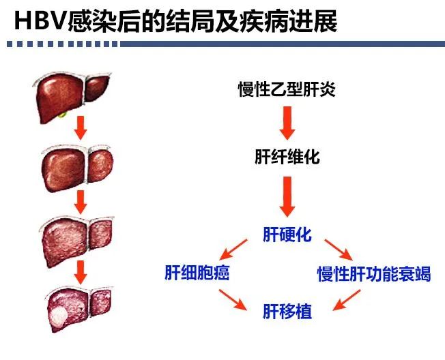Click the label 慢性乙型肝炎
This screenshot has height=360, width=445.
287,89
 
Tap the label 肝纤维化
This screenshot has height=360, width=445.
287,157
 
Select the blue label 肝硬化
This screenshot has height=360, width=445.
287,235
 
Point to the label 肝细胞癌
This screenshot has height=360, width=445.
197,273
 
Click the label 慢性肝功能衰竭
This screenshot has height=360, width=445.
374,274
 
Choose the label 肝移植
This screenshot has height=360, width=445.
287,311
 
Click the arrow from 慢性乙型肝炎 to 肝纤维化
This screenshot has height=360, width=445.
287,123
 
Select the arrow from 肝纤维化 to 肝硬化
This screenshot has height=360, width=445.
287,196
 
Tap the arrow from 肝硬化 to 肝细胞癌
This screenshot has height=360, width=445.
233,250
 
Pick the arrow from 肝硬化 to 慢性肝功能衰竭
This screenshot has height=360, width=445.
339,250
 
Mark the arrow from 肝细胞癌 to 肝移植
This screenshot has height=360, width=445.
233,299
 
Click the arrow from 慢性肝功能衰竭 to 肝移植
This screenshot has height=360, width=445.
347,299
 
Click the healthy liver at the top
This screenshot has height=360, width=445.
72,97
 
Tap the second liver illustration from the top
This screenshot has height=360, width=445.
77,168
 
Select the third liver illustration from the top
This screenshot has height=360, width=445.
76,241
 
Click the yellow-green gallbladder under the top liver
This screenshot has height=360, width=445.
63,115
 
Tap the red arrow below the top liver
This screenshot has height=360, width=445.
81,127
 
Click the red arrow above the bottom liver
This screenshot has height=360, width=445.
81,272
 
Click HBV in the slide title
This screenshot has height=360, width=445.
40,21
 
